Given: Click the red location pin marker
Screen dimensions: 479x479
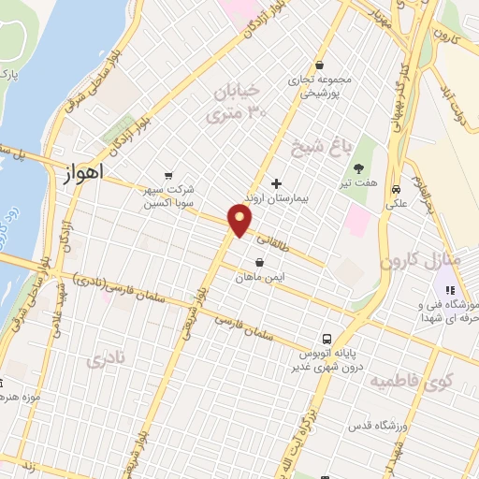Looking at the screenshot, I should (x=240, y=222).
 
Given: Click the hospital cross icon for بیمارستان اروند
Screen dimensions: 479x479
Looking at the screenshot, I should (x=275, y=182).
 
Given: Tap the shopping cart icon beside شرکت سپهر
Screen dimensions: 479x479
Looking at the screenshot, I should (x=167, y=174).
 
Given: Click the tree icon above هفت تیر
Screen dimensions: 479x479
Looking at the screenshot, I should (x=357, y=170).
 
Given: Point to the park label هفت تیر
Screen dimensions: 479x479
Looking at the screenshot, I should (x=357, y=186).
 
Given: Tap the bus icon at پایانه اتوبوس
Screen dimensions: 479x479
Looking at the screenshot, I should (x=325, y=338).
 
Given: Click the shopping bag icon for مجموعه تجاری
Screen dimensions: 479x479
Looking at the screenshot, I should (x=321, y=65).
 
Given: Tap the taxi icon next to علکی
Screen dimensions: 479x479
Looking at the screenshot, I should (x=397, y=185).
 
